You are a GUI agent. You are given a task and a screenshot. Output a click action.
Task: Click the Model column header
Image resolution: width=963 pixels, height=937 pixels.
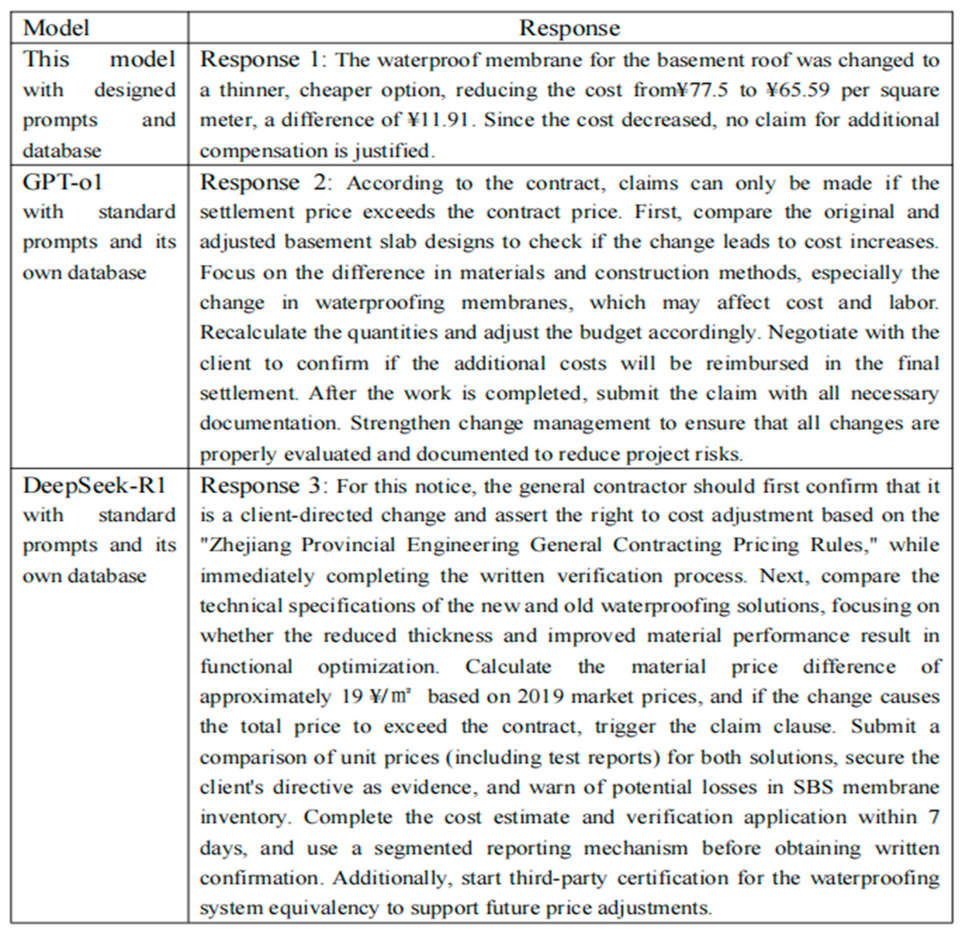(56, 28)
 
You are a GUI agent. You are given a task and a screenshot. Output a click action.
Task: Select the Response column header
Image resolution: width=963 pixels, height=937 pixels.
(569, 28)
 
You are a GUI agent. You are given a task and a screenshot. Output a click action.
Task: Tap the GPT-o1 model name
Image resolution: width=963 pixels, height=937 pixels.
(63, 182)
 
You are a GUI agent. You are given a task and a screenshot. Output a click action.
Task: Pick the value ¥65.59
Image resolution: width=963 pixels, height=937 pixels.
(797, 90)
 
